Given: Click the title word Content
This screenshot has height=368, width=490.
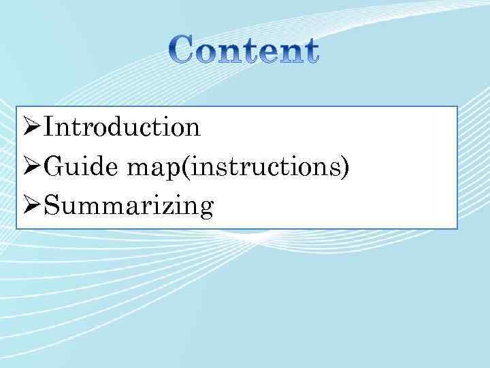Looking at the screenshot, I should (x=244, y=51).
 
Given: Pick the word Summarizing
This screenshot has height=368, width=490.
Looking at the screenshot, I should (x=129, y=206).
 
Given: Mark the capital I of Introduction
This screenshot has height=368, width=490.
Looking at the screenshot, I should (x=50, y=127).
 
